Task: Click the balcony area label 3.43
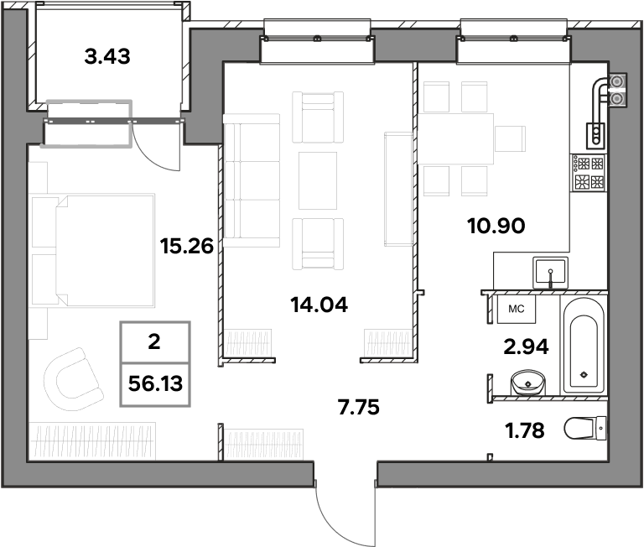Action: tap(107, 56)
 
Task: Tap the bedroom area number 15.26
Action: tap(187, 246)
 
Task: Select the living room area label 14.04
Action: tap(319, 305)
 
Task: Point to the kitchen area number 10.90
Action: tap(496, 226)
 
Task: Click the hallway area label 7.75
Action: tap(359, 407)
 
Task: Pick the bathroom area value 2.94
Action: tap(526, 347)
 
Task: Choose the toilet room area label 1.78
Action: tap(525, 430)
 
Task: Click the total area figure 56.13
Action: tap(155, 384)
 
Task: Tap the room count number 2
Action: tap(154, 342)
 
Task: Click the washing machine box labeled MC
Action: tap(517, 309)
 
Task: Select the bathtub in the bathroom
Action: tap(584, 345)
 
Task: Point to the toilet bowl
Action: tap(584, 428)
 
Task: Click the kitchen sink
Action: tap(550, 273)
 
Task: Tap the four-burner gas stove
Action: tap(589, 173)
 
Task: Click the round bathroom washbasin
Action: tap(527, 383)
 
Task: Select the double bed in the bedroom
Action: tap(93, 251)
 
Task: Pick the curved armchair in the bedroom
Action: tap(74, 379)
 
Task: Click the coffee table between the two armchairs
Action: tap(318, 181)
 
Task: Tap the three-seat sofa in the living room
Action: tap(252, 180)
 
